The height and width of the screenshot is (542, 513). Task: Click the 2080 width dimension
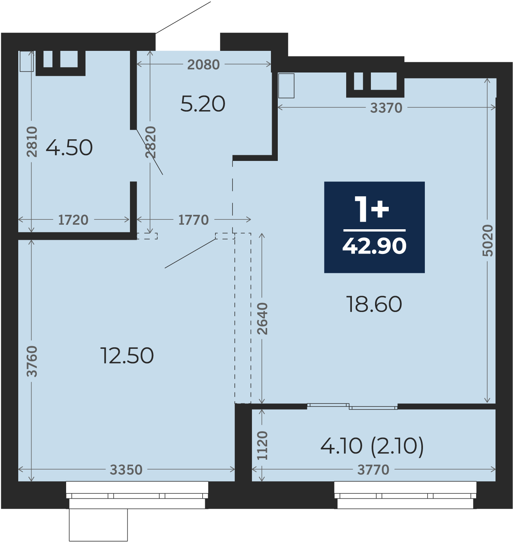[x=203, y=65]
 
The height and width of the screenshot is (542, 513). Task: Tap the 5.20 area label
[x=203, y=104]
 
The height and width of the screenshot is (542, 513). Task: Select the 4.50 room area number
[x=69, y=148]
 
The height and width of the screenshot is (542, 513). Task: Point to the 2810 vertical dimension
[x=32, y=142]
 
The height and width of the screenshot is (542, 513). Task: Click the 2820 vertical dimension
[x=150, y=142]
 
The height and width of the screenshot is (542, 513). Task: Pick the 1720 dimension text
[x=73, y=220]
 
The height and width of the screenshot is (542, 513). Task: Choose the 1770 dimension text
[x=193, y=220]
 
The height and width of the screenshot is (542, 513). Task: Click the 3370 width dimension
[x=386, y=108]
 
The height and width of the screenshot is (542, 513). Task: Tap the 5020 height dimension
[x=488, y=241]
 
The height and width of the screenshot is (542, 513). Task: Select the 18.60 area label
[x=374, y=304]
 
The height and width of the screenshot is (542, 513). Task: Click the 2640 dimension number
[x=262, y=319]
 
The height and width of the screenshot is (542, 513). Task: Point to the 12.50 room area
[x=127, y=356]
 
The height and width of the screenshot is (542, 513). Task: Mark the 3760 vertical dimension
[x=32, y=361]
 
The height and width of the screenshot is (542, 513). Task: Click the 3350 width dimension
[x=126, y=470]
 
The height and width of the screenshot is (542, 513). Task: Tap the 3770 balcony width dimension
[x=373, y=470]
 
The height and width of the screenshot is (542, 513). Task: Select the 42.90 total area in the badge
[x=374, y=246]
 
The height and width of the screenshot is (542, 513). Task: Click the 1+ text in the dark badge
[x=372, y=209]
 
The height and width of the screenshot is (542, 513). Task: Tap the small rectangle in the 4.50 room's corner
[x=27, y=61]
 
